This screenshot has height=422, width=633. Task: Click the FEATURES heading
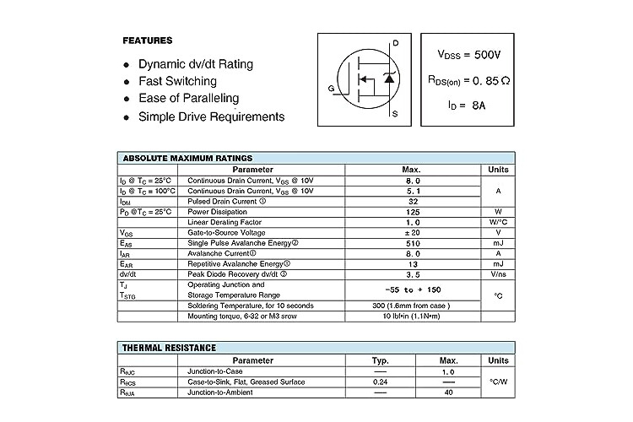[148, 41]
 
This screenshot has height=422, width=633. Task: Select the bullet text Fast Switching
[177, 81]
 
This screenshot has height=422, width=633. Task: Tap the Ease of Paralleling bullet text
[188, 99]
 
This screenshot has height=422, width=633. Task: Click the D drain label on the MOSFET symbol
[395, 43]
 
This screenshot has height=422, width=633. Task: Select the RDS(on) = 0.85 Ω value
[470, 81]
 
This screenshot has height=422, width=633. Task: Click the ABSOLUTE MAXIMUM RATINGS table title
[187, 158]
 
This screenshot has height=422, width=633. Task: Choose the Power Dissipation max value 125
[413, 212]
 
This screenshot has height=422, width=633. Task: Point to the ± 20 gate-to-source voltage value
[413, 232]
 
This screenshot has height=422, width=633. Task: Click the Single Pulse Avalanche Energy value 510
[413, 243]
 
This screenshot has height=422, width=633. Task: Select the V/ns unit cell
[498, 274]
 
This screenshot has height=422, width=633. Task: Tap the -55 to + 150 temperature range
[413, 289]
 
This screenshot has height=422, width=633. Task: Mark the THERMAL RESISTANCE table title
[170, 348]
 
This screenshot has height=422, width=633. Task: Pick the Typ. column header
[380, 360]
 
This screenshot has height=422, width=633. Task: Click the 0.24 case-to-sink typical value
[380, 381]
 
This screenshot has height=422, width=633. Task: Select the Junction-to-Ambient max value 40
[448, 392]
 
